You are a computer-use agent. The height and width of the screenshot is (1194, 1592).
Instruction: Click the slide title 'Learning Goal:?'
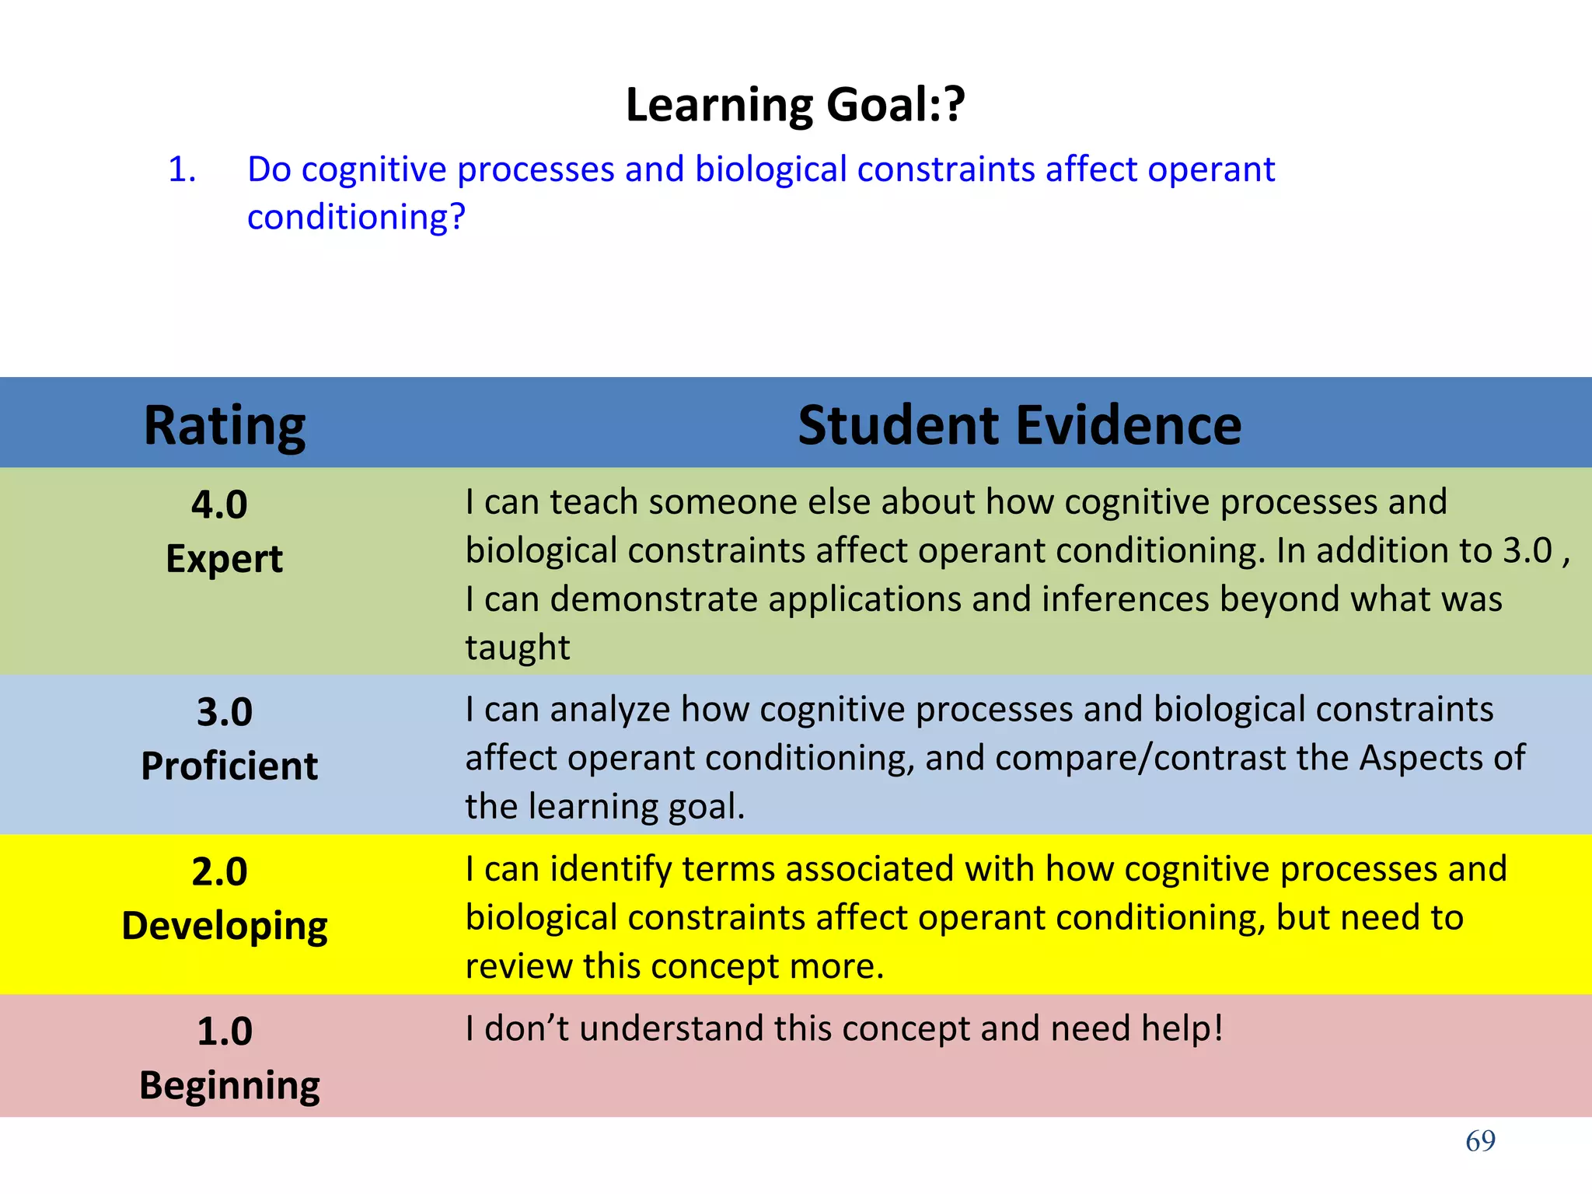(795, 105)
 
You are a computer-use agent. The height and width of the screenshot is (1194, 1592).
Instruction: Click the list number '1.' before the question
(182, 169)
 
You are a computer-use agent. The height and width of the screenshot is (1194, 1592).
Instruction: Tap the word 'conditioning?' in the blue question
(356, 217)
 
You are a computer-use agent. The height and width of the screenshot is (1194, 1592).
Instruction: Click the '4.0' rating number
(219, 505)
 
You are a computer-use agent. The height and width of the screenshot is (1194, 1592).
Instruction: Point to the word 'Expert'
(224, 559)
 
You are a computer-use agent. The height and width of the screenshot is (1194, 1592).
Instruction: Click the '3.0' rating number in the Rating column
(225, 712)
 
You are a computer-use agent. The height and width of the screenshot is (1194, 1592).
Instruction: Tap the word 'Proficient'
(229, 766)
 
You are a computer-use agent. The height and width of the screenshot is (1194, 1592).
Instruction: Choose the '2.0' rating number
(219, 871)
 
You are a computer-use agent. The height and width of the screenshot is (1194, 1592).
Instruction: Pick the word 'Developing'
(225, 927)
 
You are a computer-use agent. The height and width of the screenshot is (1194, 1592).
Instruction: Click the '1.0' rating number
(225, 1032)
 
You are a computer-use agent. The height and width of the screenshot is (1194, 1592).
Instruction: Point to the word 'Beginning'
(229, 1086)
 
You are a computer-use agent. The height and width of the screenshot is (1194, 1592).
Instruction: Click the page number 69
(1480, 1141)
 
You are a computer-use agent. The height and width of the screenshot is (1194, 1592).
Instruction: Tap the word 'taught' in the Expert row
(518, 648)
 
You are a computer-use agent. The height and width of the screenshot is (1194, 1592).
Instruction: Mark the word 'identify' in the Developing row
(611, 869)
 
